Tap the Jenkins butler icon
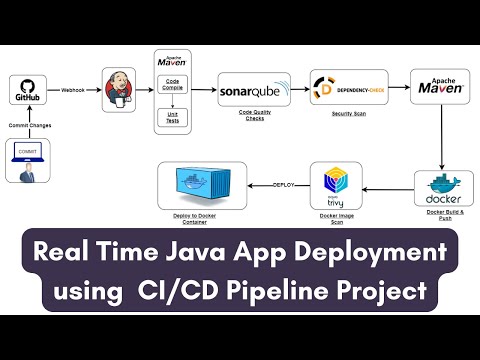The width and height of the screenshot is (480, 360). point(120,90)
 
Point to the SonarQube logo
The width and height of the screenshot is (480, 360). point(250,90)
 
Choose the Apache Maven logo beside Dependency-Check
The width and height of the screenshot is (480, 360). point(439,87)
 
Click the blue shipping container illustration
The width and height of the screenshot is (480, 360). point(202,186)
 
